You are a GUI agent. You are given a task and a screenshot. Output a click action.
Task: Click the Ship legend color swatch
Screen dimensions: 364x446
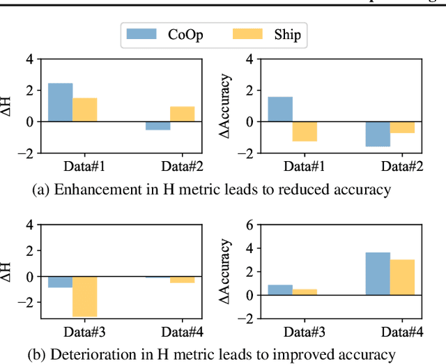(249, 33)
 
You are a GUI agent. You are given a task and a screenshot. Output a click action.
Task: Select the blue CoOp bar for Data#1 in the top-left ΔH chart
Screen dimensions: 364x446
(60, 103)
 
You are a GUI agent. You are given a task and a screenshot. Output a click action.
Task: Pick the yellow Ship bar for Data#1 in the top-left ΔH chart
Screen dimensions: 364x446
(84, 109)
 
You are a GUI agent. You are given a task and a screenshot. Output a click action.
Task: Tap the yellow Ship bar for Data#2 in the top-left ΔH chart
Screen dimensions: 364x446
(182, 114)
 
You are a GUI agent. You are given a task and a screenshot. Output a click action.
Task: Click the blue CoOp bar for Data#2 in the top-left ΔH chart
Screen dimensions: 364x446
(157, 126)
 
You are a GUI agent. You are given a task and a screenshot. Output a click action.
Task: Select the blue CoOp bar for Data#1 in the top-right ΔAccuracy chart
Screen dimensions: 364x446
(280, 109)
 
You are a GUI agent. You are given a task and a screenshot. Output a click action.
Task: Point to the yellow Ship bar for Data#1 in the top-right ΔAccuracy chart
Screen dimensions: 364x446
(305, 131)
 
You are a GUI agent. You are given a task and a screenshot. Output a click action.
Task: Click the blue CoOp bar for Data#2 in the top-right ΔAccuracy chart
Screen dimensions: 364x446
(378, 134)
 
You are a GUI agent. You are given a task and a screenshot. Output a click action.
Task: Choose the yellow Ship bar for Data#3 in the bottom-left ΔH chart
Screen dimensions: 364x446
(84, 296)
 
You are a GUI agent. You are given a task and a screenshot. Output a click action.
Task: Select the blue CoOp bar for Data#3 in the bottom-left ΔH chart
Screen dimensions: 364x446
(60, 282)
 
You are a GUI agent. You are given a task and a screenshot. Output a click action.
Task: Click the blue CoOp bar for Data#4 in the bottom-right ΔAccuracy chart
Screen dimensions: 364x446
(378, 273)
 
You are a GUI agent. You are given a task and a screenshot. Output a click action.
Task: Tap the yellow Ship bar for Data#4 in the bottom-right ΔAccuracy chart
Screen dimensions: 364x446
(402, 277)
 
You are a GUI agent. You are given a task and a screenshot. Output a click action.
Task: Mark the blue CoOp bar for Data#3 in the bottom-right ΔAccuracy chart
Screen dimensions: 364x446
(280, 289)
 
